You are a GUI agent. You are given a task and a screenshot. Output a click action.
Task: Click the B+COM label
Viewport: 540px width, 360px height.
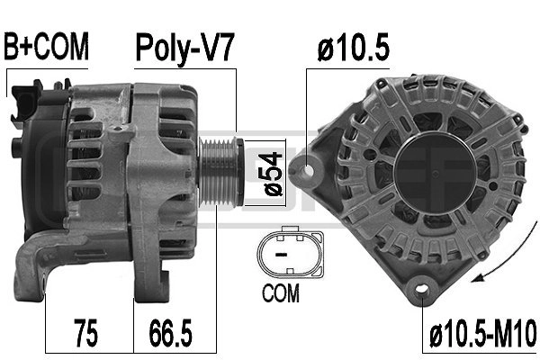click(46, 47)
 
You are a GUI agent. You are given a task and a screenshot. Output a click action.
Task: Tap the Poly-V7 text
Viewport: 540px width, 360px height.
click(184, 49)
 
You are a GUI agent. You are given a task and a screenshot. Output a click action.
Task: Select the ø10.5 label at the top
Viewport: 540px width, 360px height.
click(354, 47)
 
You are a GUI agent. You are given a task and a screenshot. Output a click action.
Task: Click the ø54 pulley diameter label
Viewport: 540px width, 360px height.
click(273, 174)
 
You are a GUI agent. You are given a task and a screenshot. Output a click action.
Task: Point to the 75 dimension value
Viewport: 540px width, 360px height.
click(85, 333)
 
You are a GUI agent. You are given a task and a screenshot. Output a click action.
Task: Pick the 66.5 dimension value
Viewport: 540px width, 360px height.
click(170, 333)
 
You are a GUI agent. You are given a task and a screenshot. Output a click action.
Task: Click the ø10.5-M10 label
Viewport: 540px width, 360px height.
click(483, 333)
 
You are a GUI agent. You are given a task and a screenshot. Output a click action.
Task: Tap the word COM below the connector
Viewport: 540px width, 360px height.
click(280, 293)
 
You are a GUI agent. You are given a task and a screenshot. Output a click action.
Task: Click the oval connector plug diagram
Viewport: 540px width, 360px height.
click(291, 253)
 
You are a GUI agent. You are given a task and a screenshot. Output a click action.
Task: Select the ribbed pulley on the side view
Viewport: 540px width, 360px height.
click(220, 172)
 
